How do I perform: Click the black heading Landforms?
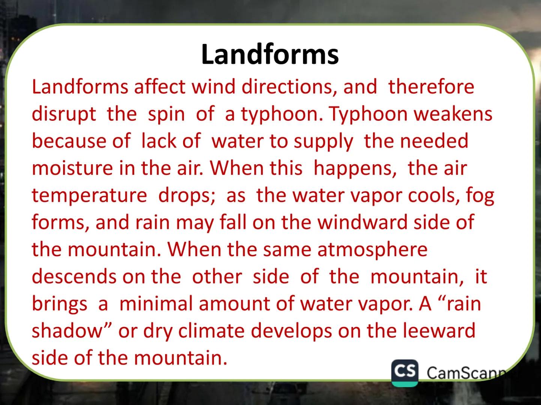270,54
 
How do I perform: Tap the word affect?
159,87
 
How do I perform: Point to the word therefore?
431,87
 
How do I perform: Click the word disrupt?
64,114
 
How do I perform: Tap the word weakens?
453,114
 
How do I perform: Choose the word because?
69,141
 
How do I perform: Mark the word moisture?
72,168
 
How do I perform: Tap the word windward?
362,222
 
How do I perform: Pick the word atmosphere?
372,249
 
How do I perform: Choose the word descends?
74,276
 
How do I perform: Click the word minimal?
156,303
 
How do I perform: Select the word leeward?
439,331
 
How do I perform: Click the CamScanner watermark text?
466,373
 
